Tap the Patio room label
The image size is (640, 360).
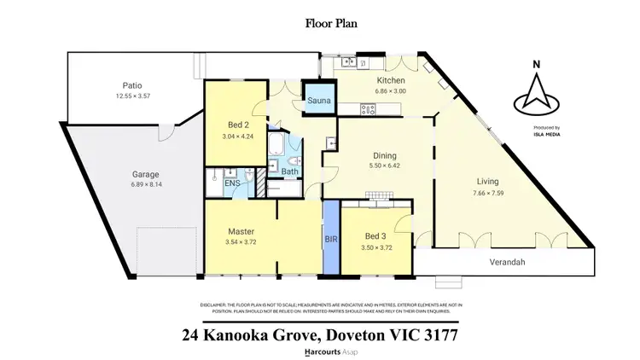(132, 85)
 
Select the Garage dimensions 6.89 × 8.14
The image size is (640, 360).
(146, 184)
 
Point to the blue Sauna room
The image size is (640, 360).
(318, 102)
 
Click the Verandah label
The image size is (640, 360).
(511, 262)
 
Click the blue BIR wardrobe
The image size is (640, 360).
(331, 240)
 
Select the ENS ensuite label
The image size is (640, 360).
(231, 183)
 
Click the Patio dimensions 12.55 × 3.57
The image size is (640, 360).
(132, 96)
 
